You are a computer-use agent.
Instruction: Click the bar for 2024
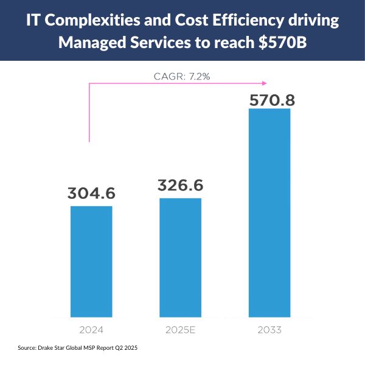(x=91, y=262)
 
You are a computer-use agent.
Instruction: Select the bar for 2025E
(x=180, y=257)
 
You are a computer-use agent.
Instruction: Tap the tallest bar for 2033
(x=269, y=213)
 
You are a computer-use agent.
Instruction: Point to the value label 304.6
(x=91, y=193)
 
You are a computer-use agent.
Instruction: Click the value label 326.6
(x=180, y=186)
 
